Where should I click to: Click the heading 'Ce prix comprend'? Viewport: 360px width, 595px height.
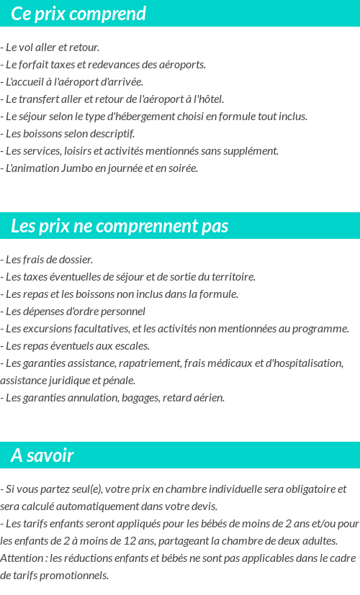(x=78, y=14)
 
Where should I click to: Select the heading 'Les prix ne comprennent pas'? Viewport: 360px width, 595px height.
(x=120, y=226)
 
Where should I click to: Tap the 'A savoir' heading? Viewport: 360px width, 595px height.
(x=42, y=455)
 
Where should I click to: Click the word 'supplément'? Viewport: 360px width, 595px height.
(x=251, y=151)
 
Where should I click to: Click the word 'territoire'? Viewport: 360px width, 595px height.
(x=230, y=277)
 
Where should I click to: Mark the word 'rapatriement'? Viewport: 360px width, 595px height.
(x=150, y=363)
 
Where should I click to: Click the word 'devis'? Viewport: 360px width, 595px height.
(x=202, y=507)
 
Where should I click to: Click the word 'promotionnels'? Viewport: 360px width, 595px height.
(x=75, y=576)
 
